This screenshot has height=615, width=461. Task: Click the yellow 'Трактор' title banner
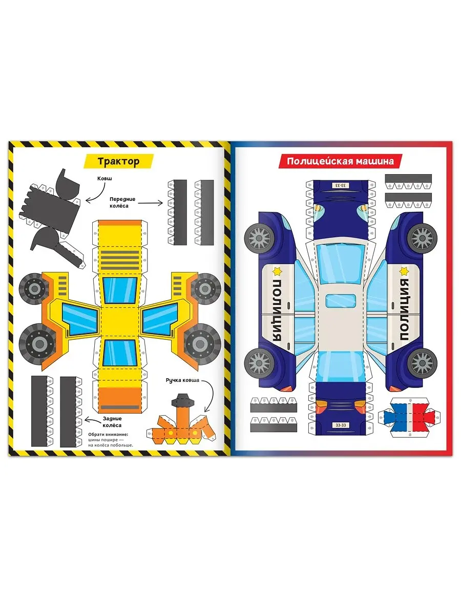pyautogui.click(x=119, y=161)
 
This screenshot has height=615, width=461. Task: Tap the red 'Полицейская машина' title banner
pyautogui.click(x=340, y=161)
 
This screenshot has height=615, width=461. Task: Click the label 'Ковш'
pyautogui.click(x=104, y=178)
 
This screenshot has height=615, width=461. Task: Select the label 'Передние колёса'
pyautogui.click(x=122, y=202)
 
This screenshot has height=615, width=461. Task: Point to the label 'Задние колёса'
pyautogui.click(x=112, y=422)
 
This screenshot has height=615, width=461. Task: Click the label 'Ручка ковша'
pyautogui.click(x=182, y=380)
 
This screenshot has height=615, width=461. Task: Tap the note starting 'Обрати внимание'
pyautogui.click(x=111, y=440)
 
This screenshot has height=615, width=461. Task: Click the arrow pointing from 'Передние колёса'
pyautogui.click(x=150, y=203)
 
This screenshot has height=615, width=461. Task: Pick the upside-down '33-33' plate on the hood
pyautogui.click(x=340, y=185)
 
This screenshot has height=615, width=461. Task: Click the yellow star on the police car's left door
pyautogui.click(x=277, y=271)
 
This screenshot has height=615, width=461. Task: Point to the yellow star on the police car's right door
pyautogui.click(x=404, y=271)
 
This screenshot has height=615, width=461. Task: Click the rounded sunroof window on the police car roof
pyautogui.click(x=340, y=301)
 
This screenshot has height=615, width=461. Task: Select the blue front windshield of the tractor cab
pyautogui.click(x=119, y=291)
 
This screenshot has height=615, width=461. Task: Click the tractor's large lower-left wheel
pyautogui.click(x=38, y=344)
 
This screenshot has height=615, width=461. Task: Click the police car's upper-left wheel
pyautogui.click(x=259, y=238)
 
